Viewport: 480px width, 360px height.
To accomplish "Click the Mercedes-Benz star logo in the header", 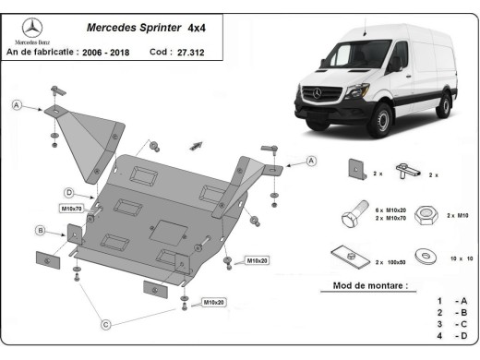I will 32,28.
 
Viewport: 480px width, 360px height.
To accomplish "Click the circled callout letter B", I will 40,230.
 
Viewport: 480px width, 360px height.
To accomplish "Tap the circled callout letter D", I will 68,192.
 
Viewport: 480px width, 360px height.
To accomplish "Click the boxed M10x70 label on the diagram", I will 71,209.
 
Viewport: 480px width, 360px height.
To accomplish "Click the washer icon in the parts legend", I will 426,253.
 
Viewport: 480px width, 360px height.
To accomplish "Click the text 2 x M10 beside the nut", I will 458,214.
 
